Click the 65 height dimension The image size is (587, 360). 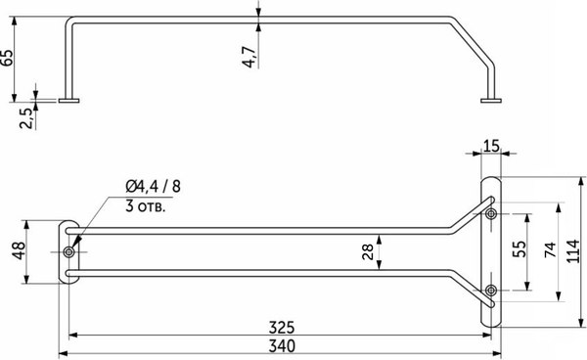9,58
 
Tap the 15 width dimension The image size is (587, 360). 490,147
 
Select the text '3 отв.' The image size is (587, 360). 146,206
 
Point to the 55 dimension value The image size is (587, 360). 519,250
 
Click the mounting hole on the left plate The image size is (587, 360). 68,252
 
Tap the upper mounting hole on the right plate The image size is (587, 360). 491,213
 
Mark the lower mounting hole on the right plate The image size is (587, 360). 491,289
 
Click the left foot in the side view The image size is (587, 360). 70,99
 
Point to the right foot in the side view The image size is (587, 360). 489,99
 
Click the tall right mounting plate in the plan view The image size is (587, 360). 491,250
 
